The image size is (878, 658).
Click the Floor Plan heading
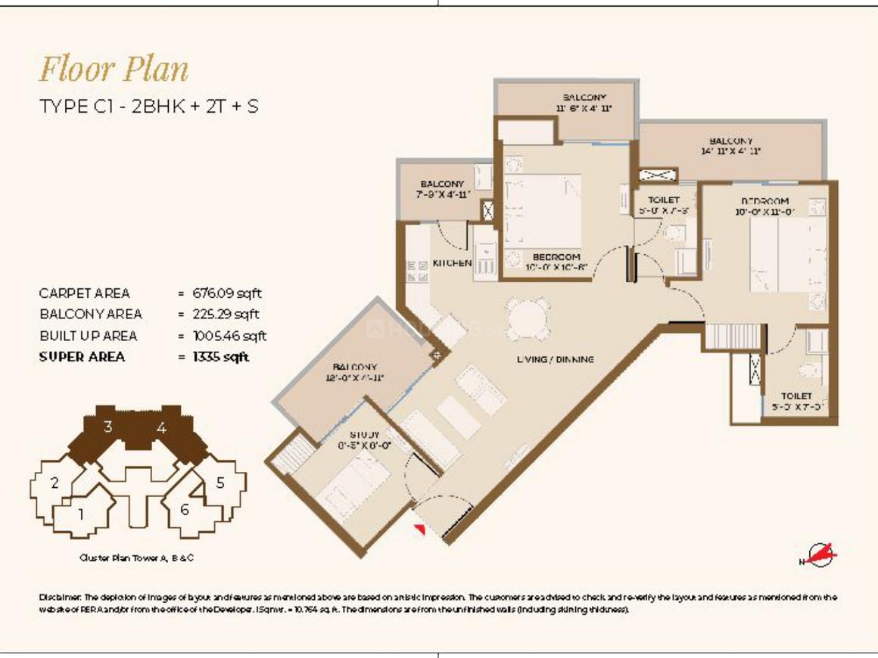[x=114, y=70]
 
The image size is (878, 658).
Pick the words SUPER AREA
[x=82, y=357]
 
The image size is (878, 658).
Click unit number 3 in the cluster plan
[x=108, y=427]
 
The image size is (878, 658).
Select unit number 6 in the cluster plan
[x=185, y=510]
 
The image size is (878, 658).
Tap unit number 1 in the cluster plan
[x=81, y=514]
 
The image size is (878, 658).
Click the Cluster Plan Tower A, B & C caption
[x=141, y=558]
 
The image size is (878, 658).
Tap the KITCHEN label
[x=452, y=263]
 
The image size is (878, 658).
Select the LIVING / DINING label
[x=556, y=359]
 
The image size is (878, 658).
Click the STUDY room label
[x=364, y=436]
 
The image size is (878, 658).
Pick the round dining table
[x=528, y=318]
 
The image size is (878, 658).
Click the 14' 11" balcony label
[x=730, y=146]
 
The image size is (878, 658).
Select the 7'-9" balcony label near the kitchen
[x=443, y=189]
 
